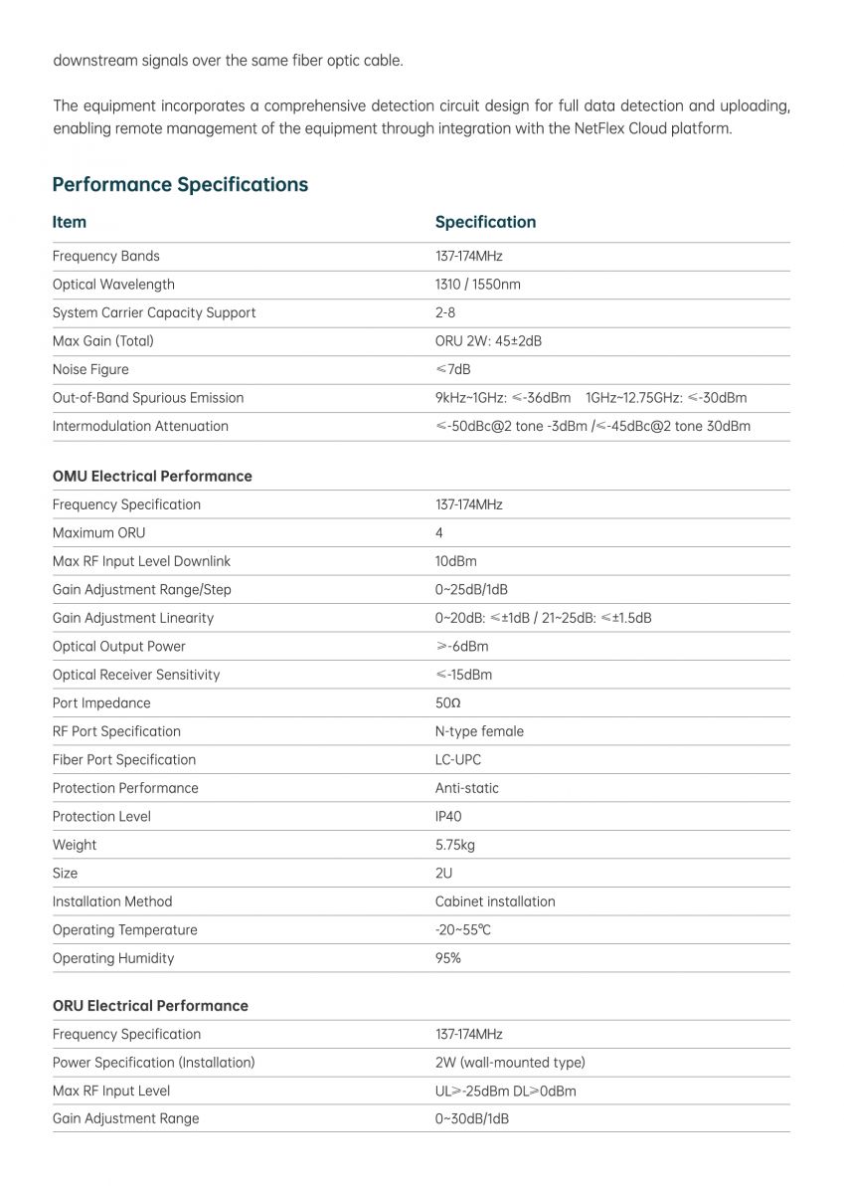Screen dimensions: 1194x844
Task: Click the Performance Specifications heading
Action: pyautogui.click(x=180, y=184)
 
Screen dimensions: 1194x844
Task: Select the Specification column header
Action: pyautogui.click(x=485, y=222)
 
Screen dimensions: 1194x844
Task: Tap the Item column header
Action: pyautogui.click(x=70, y=222)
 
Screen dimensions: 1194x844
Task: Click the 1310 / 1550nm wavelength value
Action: pyautogui.click(x=477, y=285)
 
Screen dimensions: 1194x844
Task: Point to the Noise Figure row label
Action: pyautogui.click(x=90, y=369)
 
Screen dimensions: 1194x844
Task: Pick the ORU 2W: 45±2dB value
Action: pyautogui.click(x=488, y=341)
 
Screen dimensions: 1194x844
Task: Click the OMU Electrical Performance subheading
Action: pyautogui.click(x=152, y=476)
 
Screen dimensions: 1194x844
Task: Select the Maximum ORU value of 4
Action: pyautogui.click(x=439, y=533)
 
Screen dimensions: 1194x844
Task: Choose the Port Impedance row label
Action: pyautogui.click(x=102, y=702)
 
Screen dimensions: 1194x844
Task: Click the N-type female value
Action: pyautogui.click(x=479, y=731)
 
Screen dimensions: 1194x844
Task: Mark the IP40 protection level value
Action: pyautogui.click(x=448, y=816)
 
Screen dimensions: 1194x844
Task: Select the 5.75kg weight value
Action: pyautogui.click(x=455, y=845)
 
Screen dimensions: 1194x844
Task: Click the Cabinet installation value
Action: pyautogui.click(x=495, y=901)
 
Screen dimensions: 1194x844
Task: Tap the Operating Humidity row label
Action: pyautogui.click(x=113, y=958)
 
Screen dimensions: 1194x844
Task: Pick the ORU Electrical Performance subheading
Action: pyautogui.click(x=150, y=1005)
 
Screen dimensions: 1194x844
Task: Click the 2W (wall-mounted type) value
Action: pyautogui.click(x=510, y=1062)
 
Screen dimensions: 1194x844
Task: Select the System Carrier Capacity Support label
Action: pyautogui.click(x=154, y=312)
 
